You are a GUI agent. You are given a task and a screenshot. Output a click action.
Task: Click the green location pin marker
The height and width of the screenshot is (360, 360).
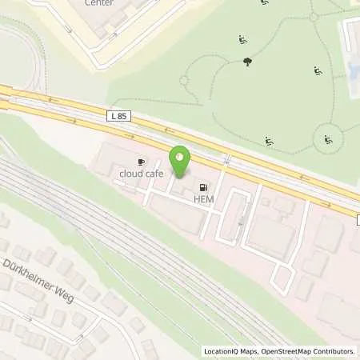181,162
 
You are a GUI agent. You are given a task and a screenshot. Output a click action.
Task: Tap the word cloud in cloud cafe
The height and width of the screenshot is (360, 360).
130,173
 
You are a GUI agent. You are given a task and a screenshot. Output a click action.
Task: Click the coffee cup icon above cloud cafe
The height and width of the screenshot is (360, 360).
142,162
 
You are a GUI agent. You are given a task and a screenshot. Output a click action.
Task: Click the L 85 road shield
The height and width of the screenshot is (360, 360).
118,117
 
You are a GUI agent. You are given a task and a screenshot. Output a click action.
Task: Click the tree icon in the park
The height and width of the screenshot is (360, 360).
247,62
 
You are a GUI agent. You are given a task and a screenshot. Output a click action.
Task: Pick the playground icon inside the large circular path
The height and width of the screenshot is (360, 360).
328,140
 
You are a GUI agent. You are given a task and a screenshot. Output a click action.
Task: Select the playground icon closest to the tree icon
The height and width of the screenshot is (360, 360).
242,39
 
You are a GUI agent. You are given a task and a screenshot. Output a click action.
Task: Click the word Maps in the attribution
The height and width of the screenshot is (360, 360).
249,351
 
